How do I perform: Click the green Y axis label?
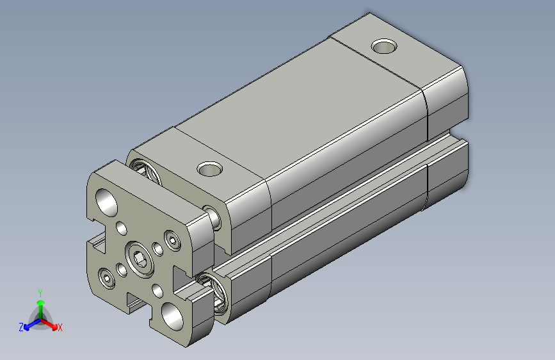[40, 292]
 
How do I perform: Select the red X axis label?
[60, 327]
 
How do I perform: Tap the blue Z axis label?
[21, 327]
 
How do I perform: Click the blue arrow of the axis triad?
[29, 323]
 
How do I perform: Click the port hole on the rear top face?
[384, 47]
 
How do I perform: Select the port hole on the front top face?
[209, 169]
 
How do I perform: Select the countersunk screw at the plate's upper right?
[172, 241]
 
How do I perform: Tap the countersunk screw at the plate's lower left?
[106, 277]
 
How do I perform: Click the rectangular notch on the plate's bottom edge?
[138, 301]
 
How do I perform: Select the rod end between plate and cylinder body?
[214, 217]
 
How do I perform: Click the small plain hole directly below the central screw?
[157, 290]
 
